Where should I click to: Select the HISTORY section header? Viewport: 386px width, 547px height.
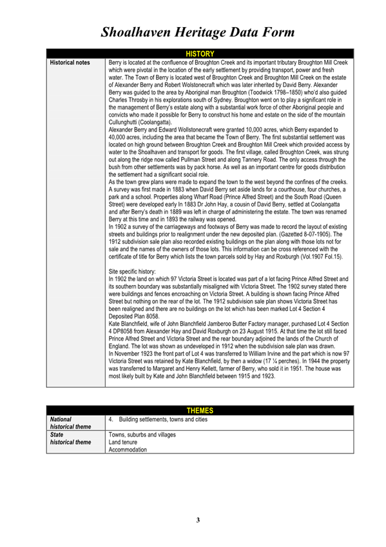199,54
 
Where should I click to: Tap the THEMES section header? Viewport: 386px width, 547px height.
199,410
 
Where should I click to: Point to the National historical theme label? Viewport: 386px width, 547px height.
66,423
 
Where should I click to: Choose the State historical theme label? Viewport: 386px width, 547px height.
66,439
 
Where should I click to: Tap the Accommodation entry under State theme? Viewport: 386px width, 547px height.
130,450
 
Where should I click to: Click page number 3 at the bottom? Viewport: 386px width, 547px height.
198,520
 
